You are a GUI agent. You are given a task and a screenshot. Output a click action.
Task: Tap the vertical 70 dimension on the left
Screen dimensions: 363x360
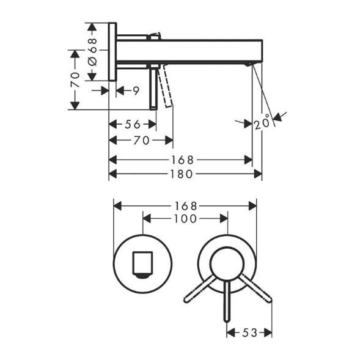tap(75, 79)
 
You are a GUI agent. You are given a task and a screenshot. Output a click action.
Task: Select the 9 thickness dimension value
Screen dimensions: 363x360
tap(136, 91)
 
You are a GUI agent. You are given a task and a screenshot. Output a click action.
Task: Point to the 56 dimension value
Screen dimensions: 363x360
tap(133, 124)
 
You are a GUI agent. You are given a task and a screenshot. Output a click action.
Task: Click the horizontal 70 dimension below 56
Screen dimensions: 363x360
tap(141, 141)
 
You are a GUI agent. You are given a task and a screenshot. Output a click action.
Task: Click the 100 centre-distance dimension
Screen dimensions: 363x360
tap(185, 219)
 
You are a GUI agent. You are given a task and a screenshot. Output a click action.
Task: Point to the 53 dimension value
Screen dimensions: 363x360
tap(249, 333)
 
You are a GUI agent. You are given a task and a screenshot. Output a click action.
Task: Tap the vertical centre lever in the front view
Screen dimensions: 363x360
tap(227, 302)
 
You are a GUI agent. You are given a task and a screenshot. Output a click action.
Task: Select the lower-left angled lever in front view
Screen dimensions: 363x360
tap(200, 289)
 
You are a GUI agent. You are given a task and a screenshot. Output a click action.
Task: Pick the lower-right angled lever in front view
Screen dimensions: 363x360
tap(256, 288)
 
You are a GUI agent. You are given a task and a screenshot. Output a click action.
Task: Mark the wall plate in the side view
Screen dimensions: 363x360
tap(112, 52)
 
